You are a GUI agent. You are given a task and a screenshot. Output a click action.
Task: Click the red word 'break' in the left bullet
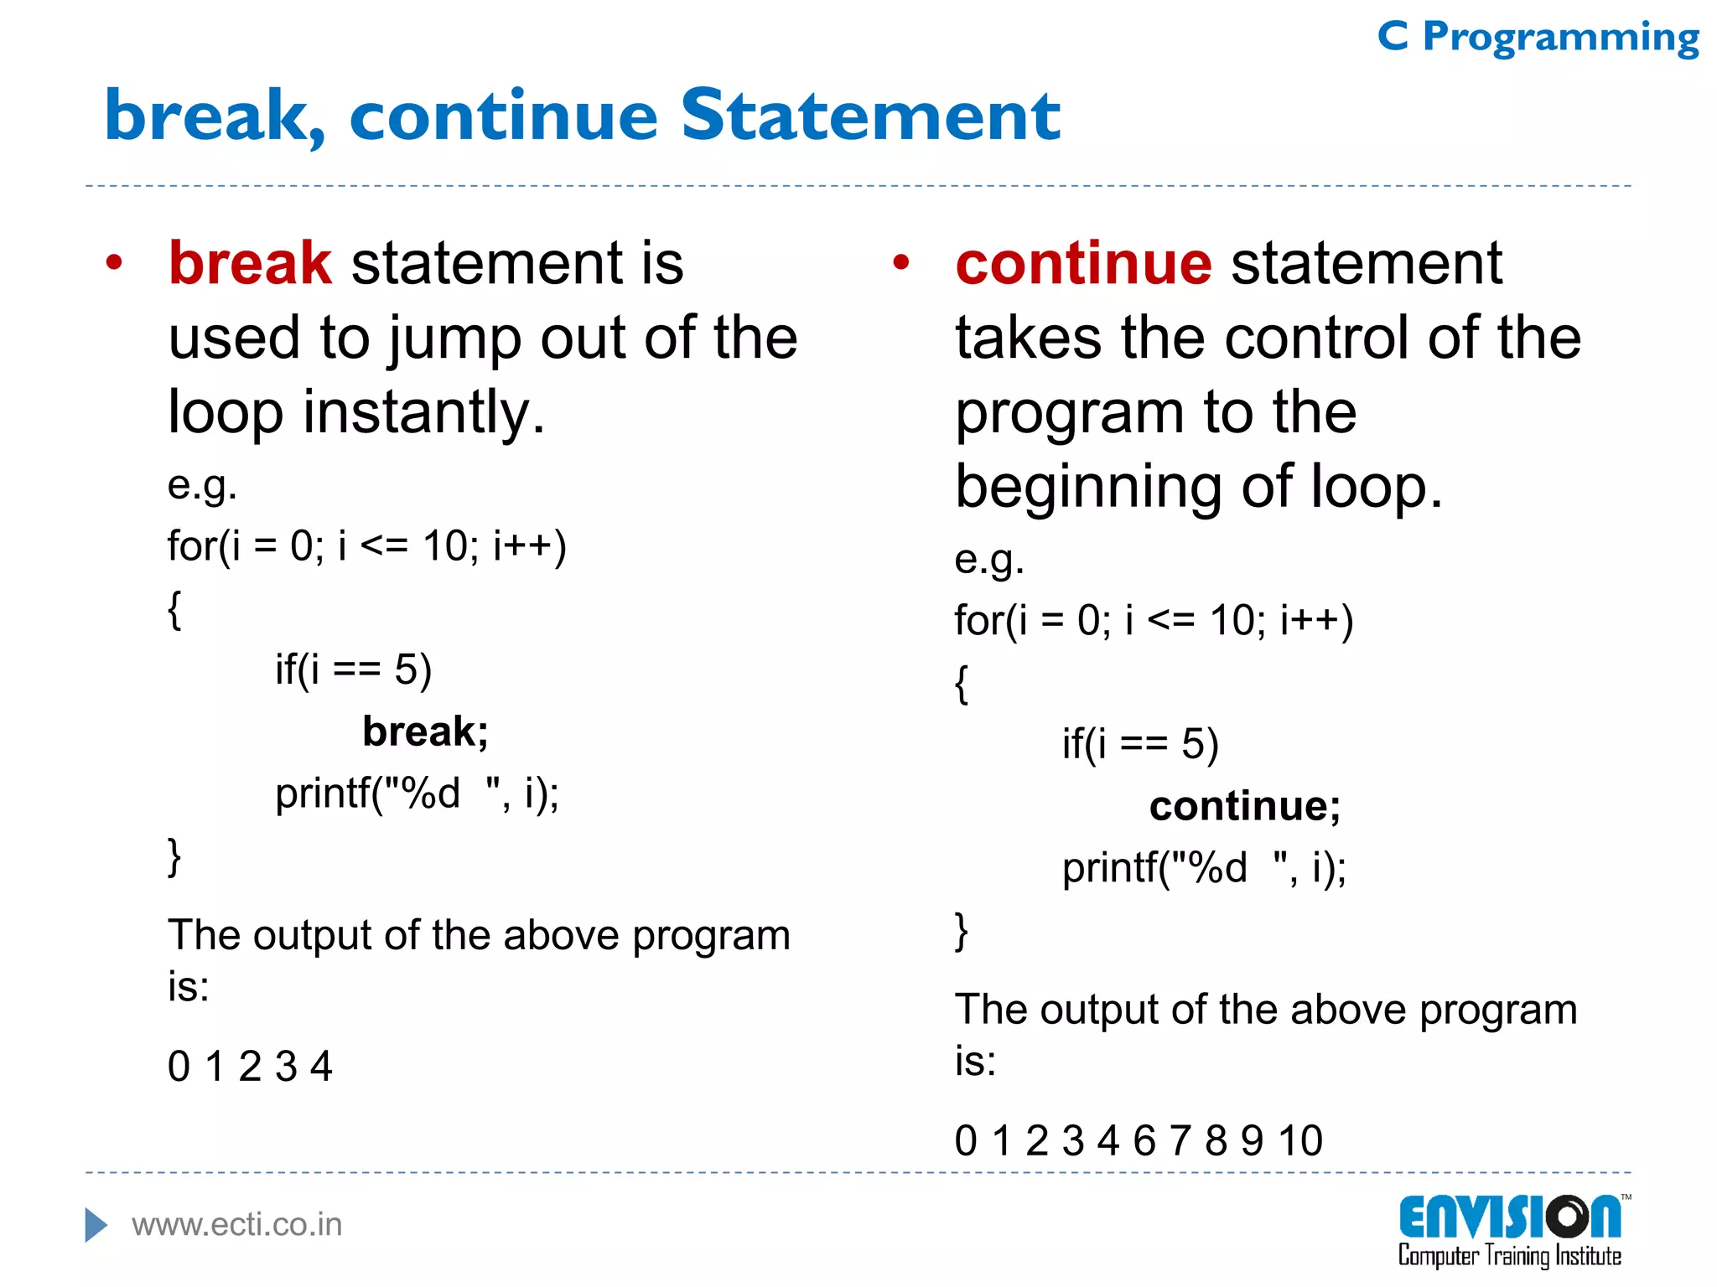coord(250,263)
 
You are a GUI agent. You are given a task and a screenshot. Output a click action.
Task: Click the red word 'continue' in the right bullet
coord(1083,263)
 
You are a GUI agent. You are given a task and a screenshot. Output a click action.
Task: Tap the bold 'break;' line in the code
coord(425,731)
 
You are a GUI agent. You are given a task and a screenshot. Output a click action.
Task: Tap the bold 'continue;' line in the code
coord(1244,806)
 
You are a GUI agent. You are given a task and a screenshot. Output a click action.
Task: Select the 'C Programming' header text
coord(1538,37)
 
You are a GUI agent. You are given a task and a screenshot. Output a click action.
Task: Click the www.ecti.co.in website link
coord(237,1225)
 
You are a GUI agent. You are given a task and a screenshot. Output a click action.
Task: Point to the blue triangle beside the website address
coord(96,1225)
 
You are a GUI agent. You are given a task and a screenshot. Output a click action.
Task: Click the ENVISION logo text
coord(1509,1218)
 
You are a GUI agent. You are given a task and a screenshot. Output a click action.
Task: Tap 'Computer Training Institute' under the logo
coord(1509,1256)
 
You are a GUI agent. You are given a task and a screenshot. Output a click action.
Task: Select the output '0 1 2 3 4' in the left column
coord(250,1067)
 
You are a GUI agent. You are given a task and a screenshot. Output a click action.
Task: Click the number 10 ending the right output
coord(1300,1141)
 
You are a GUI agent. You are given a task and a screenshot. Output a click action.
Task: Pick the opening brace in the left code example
coord(174,609)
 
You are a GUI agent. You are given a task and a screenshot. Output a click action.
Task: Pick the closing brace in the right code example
coord(962,931)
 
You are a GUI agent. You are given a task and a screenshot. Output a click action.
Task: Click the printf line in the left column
coord(417,793)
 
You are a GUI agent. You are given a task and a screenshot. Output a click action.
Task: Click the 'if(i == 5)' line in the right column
coord(1139,744)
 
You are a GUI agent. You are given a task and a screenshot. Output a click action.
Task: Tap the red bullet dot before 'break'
coord(114,263)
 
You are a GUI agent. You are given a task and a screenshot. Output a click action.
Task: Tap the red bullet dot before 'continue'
coord(901,263)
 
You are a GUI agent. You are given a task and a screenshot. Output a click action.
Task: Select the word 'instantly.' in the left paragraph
coord(423,412)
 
